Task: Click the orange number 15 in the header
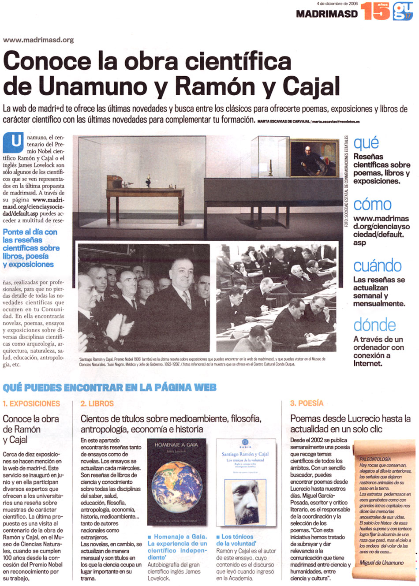coord(375,11)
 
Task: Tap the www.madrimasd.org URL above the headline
coord(38,40)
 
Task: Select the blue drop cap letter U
coord(13,142)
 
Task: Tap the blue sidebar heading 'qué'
coord(366,142)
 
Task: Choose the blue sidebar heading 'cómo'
coord(372,204)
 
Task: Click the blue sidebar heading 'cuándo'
coord(377,265)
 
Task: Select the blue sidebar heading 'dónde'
coord(374,325)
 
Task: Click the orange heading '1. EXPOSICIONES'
coord(31,403)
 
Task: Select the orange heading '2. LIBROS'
coord(97,403)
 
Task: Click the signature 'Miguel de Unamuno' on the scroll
coord(382,563)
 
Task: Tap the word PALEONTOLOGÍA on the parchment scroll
coord(375,459)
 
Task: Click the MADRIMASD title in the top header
coord(326,14)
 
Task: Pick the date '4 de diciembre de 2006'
coord(337,3)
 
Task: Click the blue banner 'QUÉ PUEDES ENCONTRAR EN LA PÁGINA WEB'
coord(109,388)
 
